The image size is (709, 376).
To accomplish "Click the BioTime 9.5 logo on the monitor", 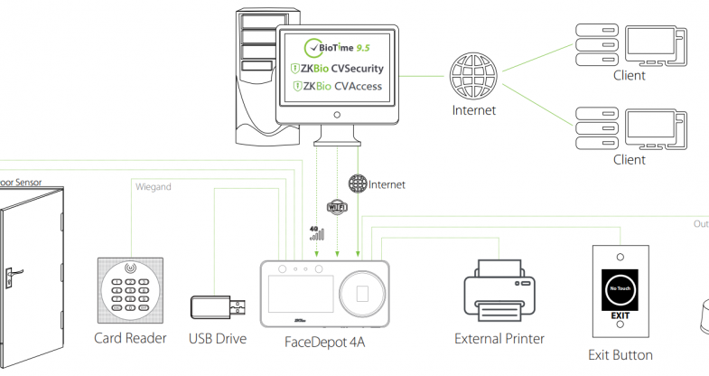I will [334, 47].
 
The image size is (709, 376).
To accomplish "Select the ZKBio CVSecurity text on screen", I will [337, 68].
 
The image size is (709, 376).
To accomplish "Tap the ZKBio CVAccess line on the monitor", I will [337, 87].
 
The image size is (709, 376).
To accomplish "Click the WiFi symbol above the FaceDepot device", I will [336, 208].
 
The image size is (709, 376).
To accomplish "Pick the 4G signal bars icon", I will [315, 233].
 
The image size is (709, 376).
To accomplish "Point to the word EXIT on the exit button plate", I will [619, 315].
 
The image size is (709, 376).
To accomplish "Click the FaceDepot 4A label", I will [324, 343].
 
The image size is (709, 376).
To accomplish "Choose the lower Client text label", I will [630, 160].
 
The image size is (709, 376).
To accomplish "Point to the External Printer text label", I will [500, 339].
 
